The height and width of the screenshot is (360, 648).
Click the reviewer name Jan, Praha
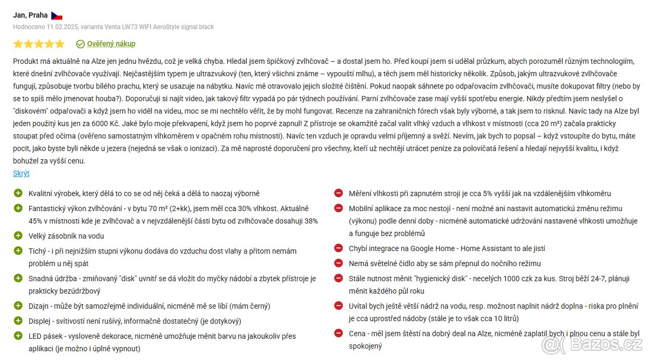(x=30, y=15)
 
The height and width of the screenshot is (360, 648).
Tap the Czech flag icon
(x=57, y=16)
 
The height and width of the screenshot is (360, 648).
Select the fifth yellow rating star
(x=59, y=44)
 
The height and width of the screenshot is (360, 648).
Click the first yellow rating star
(x=18, y=44)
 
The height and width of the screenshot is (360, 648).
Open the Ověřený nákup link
(x=111, y=44)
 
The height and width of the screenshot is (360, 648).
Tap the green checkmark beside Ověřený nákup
(x=80, y=44)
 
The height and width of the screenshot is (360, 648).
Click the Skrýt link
(x=21, y=173)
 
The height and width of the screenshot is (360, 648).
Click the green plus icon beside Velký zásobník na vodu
(x=18, y=236)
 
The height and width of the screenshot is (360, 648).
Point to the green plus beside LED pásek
(x=18, y=336)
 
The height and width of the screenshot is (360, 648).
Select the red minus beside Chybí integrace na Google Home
(x=339, y=248)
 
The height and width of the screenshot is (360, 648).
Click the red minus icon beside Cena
(x=339, y=334)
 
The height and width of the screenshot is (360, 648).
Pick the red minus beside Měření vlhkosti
(x=339, y=193)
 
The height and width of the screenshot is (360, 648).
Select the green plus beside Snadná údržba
(x=18, y=279)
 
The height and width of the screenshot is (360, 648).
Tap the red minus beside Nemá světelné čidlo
(x=339, y=263)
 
